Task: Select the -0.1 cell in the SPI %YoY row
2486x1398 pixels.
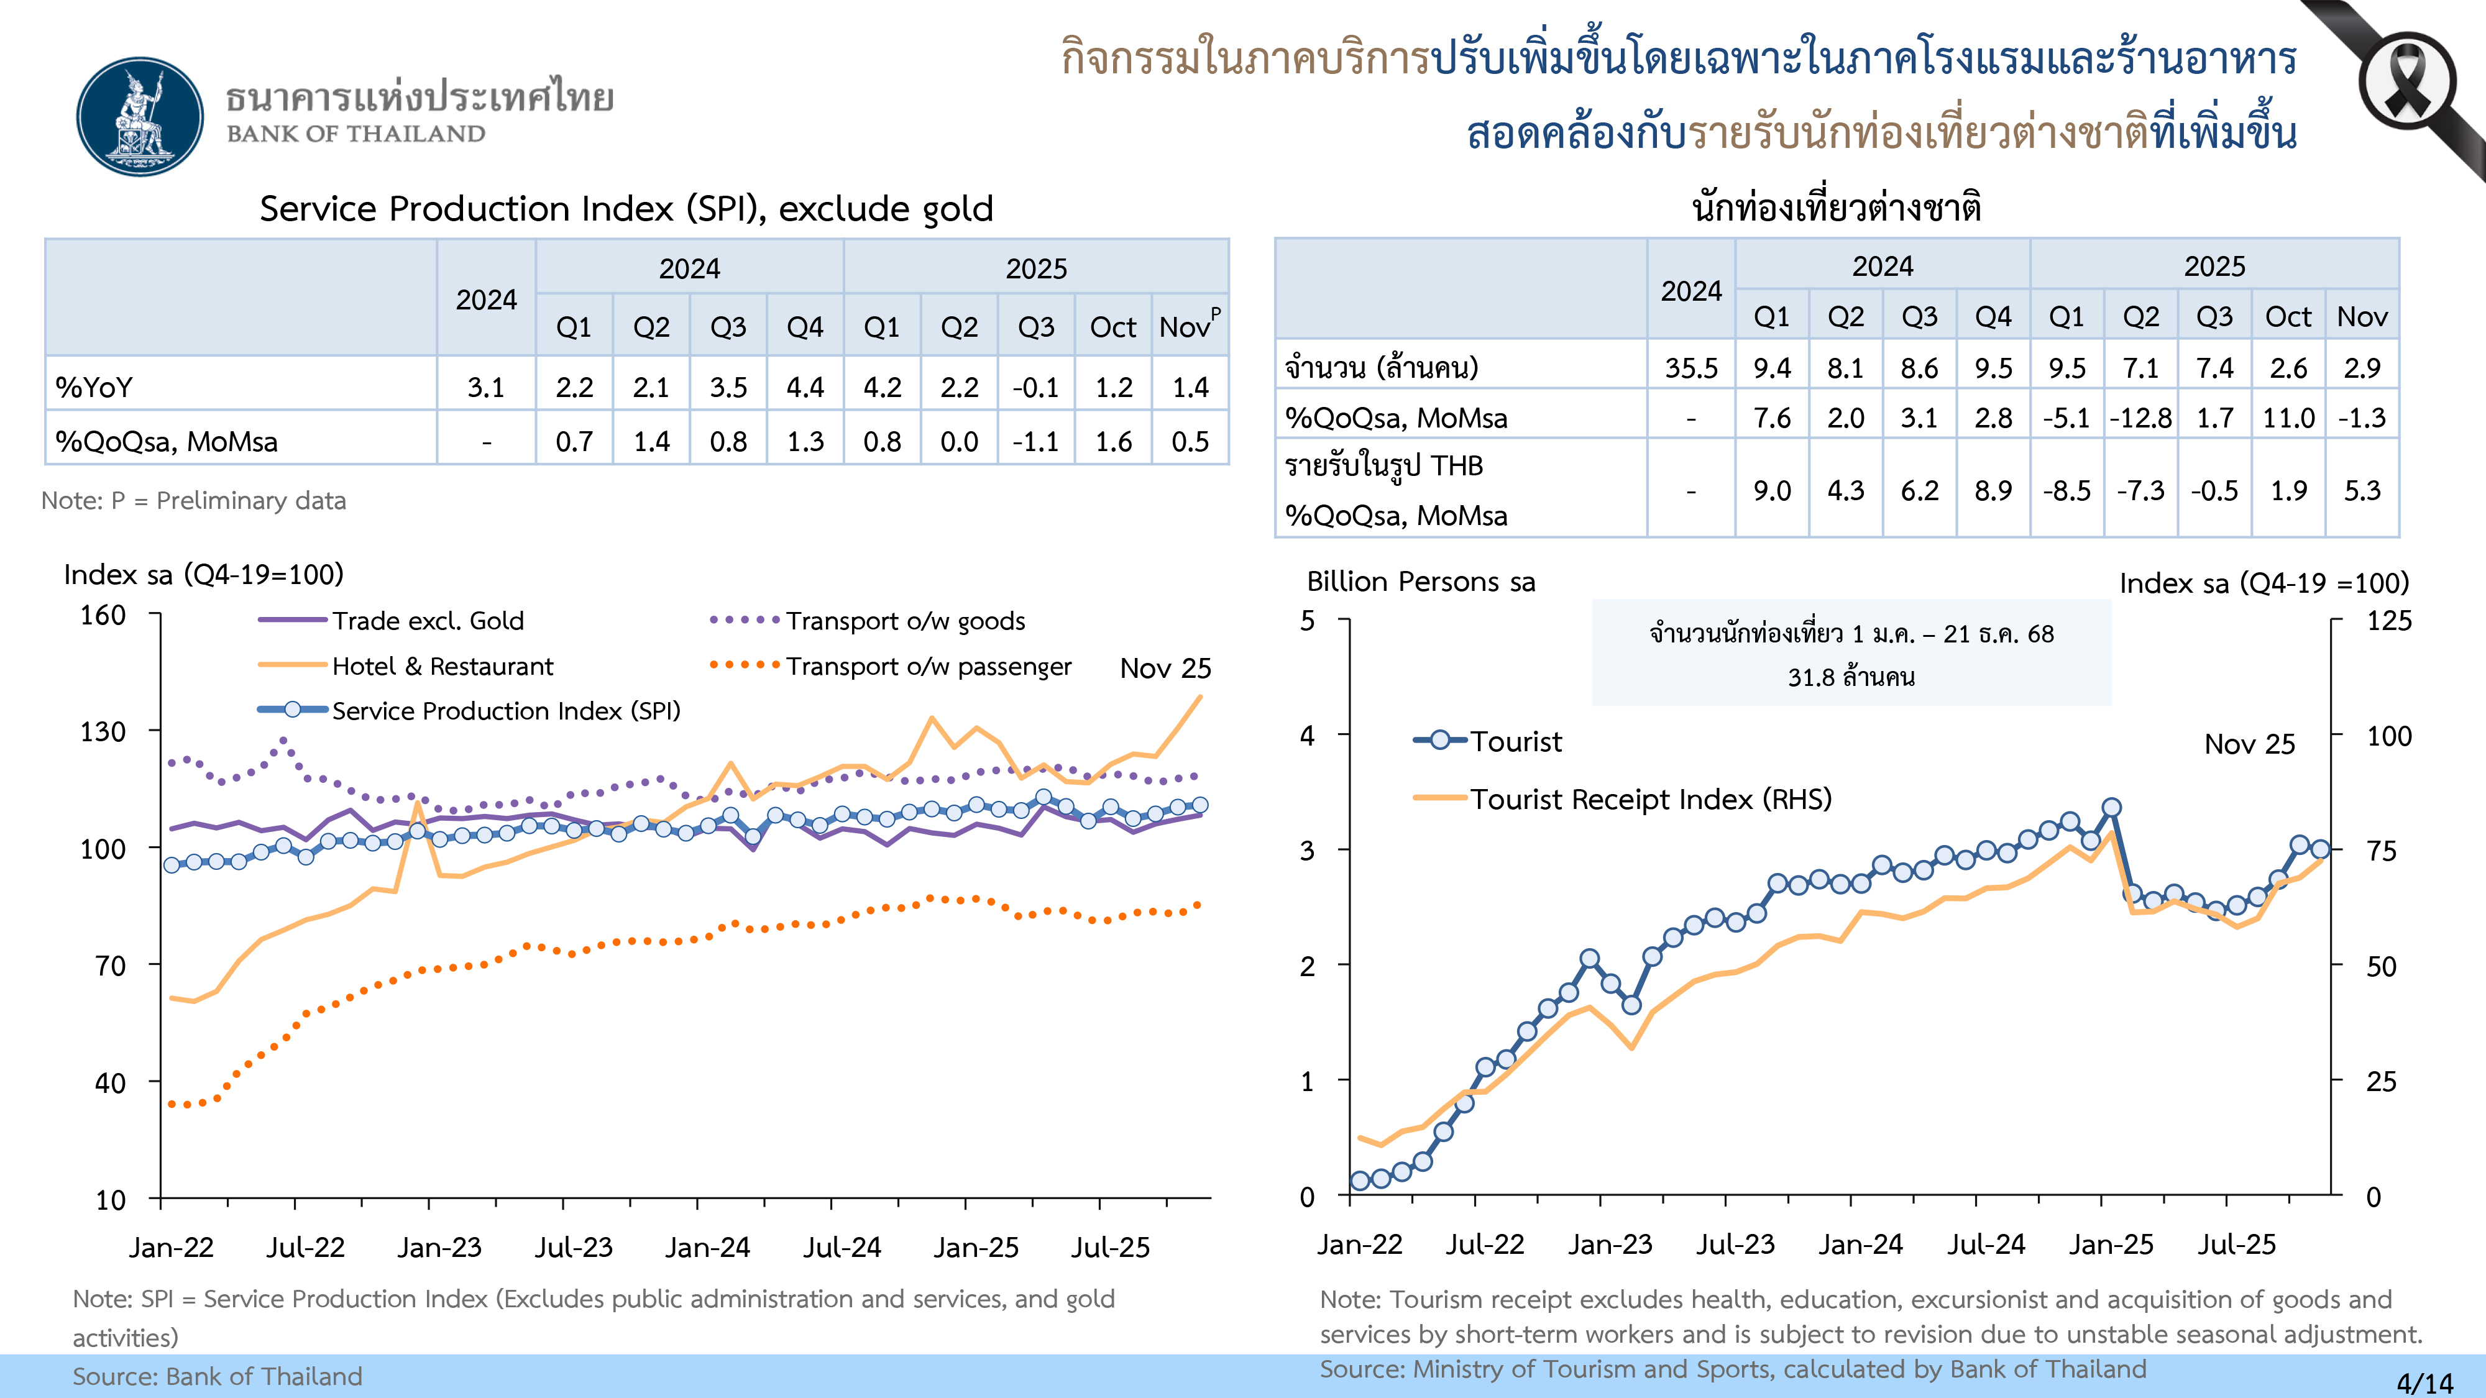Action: click(x=1035, y=387)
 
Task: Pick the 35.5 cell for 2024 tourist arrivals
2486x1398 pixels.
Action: click(x=1690, y=368)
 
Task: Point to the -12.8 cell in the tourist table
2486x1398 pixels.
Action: click(x=2140, y=418)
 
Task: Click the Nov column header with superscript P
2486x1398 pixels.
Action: click(x=1189, y=326)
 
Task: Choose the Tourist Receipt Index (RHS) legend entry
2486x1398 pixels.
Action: click(x=1649, y=799)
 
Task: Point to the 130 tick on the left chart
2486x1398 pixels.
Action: click(x=103, y=731)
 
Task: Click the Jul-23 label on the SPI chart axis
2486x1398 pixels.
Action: click(x=573, y=1248)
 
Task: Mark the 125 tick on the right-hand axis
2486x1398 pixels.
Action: click(x=2388, y=620)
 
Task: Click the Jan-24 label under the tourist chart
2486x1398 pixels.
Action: click(x=1860, y=1245)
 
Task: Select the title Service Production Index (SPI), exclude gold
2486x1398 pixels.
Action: click(x=626, y=208)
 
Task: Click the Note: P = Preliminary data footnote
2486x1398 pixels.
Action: click(x=193, y=501)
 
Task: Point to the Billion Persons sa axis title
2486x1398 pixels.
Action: click(x=1421, y=582)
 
